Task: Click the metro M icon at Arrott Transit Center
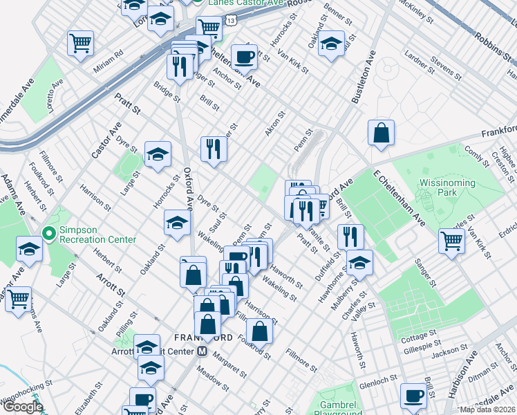tap(203, 351)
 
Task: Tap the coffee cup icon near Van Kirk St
tap(243, 57)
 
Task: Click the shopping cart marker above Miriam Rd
tap(81, 43)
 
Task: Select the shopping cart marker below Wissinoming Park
tap(451, 242)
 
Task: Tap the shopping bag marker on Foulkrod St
tap(259, 331)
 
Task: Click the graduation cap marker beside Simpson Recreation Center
tap(30, 249)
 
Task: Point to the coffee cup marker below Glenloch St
tap(414, 396)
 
